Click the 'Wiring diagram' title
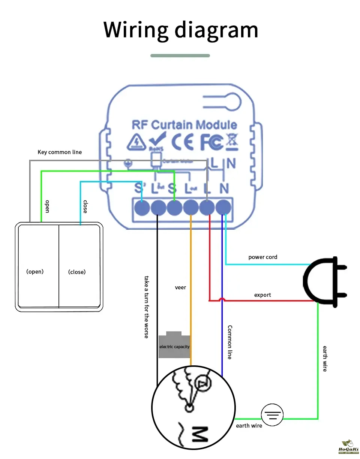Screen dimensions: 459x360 [181, 30]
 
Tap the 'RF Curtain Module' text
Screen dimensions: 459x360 [184, 125]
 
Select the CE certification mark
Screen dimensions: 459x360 [182, 142]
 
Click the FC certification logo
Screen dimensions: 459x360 [211, 142]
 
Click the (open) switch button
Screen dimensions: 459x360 [35, 272]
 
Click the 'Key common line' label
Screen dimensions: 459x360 [60, 152]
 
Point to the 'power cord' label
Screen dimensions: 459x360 [263, 257]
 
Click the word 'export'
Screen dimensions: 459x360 [262, 295]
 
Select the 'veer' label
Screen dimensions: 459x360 [180, 287]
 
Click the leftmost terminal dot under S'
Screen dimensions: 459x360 [142, 207]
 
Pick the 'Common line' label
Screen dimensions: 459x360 [229, 342]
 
